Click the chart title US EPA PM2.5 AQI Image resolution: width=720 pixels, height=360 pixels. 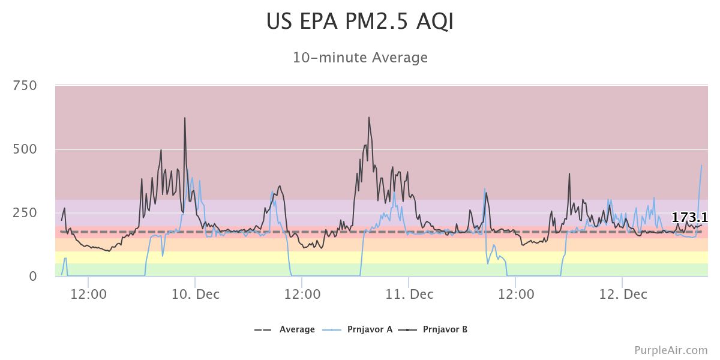pyautogui.click(x=360, y=22)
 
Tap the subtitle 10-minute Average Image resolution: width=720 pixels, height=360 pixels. pyautogui.click(x=360, y=58)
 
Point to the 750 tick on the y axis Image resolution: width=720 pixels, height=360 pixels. pyautogui.click(x=25, y=86)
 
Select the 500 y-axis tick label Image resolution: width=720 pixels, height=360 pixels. pyautogui.click(x=25, y=149)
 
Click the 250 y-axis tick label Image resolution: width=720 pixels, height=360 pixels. pyautogui.click(x=25, y=213)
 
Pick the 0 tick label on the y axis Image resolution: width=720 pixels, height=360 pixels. pyautogui.click(x=33, y=277)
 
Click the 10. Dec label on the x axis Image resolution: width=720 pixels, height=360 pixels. pyautogui.click(x=196, y=294)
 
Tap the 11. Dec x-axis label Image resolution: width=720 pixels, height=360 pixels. pyautogui.click(x=409, y=294)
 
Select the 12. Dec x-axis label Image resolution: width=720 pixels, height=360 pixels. pyautogui.click(x=623, y=294)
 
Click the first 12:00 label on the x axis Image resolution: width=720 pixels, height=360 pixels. pyautogui.click(x=88, y=294)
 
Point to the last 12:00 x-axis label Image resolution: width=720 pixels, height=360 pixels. pyautogui.click(x=516, y=294)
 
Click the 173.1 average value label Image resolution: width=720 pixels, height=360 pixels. pyautogui.click(x=689, y=218)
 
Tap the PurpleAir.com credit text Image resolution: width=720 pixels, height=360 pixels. pyautogui.click(x=671, y=350)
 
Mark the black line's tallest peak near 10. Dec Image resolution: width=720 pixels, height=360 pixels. pyautogui.click(x=185, y=118)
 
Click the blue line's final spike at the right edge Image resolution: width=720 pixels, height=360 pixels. pyautogui.click(x=701, y=166)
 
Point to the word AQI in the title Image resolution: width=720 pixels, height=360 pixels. pyautogui.click(x=433, y=22)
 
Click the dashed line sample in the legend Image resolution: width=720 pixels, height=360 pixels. pyautogui.click(x=263, y=329)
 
